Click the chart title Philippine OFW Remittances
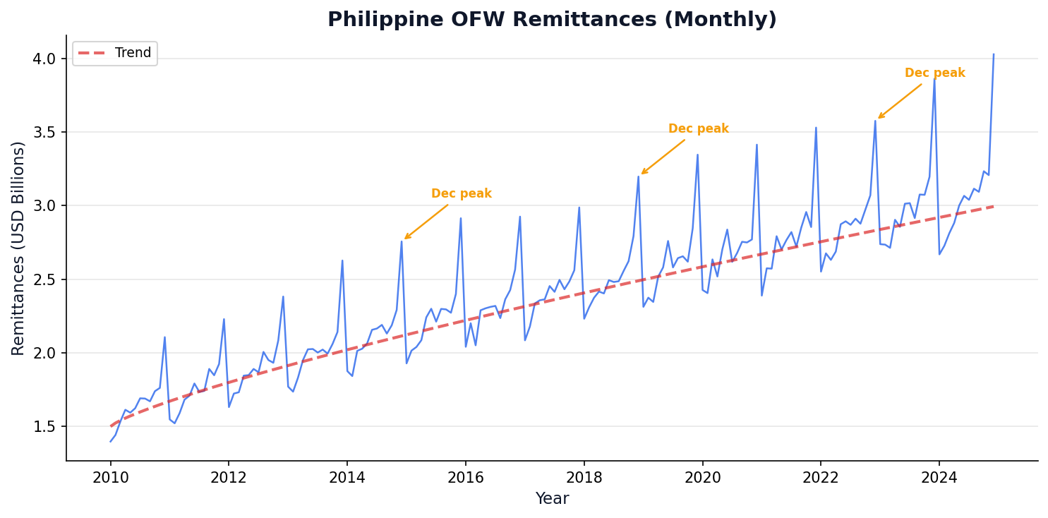click(x=552, y=20)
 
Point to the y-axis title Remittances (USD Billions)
click(x=18, y=248)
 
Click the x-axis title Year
click(x=552, y=499)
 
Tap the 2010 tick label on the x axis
click(x=110, y=478)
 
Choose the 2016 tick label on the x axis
click(x=465, y=478)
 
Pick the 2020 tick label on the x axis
click(x=702, y=478)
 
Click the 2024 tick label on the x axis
click(x=939, y=478)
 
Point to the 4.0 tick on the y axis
click(x=44, y=59)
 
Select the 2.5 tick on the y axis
click(x=44, y=279)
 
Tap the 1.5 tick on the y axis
click(x=44, y=427)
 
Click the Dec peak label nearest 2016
click(x=461, y=194)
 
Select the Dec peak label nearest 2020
click(x=698, y=129)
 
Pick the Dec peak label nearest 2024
click(x=934, y=73)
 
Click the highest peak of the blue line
click(x=994, y=54)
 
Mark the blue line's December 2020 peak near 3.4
click(x=757, y=145)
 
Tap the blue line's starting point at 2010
click(x=111, y=442)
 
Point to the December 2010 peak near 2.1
click(x=164, y=337)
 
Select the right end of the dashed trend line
click(x=994, y=206)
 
